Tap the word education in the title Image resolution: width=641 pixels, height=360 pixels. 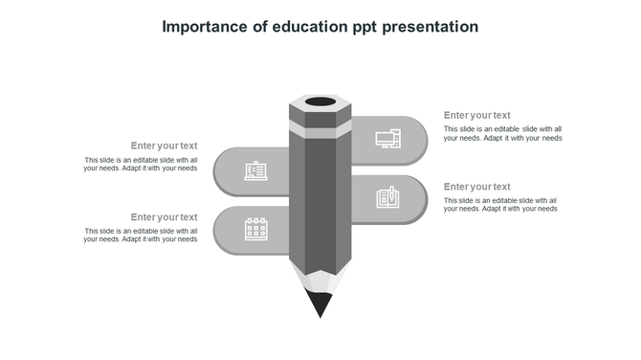point(304,27)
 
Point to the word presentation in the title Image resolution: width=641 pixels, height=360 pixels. point(431,27)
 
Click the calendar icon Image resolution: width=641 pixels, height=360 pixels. point(255,229)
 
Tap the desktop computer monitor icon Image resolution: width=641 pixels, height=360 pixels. point(387,139)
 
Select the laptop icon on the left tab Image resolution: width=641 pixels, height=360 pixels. point(255,171)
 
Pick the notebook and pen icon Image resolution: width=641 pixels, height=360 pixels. point(387,197)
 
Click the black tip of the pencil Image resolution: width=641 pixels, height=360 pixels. point(320,304)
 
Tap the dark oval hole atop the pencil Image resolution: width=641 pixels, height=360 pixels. point(320,101)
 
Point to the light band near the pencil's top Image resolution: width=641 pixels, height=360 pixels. point(320,128)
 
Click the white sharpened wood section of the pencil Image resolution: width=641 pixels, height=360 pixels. point(320,279)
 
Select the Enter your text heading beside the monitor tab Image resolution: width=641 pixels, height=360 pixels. point(476,115)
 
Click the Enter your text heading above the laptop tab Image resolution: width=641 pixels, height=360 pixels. point(164,146)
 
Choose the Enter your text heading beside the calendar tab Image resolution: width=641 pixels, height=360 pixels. point(164,217)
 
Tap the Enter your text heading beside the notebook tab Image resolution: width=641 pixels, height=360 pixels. point(476,186)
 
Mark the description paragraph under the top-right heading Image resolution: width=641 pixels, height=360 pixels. point(502,133)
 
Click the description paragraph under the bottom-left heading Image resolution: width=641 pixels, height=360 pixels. point(141,235)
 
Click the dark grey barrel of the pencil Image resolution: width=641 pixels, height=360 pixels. point(320,201)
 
